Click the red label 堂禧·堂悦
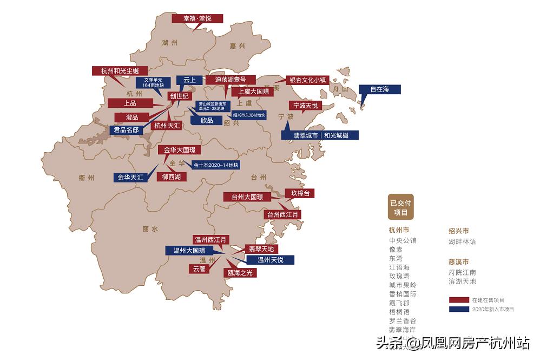pos(197,18)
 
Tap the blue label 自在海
pos(379,89)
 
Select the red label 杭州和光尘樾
pos(120,71)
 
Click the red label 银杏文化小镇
pos(307,80)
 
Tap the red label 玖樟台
pos(300,193)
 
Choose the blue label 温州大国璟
pos(189,251)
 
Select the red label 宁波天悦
pos(306,105)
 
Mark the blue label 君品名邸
pos(126,130)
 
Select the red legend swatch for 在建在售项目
pos(458,299)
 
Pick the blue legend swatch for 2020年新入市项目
pos(458,309)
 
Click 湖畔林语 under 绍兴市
pos(462,241)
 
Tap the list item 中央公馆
pos(403,241)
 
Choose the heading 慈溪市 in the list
pos(458,261)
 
